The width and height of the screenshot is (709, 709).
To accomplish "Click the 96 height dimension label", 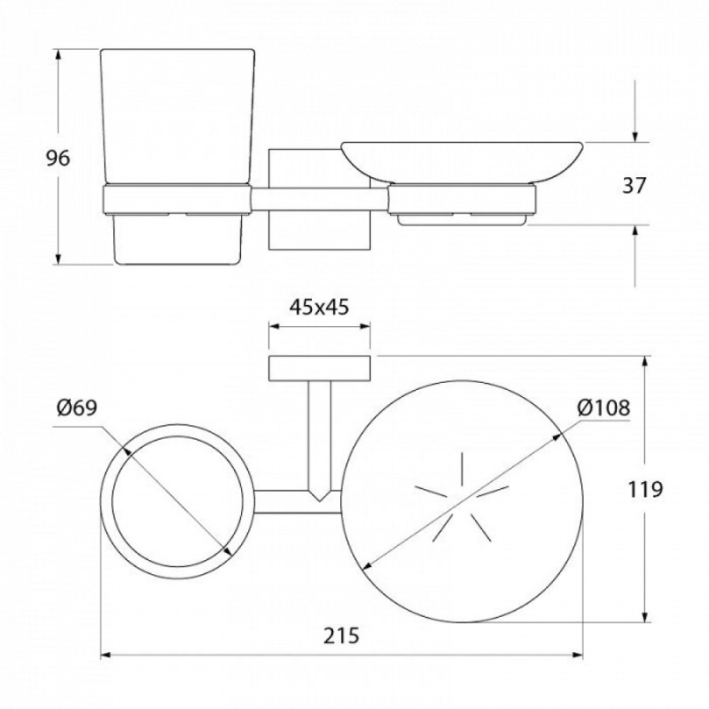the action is pyautogui.click(x=58, y=158).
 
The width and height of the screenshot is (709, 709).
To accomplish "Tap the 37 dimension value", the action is pyautogui.click(x=634, y=185).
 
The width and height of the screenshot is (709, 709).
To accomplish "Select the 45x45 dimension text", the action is pyautogui.click(x=319, y=307).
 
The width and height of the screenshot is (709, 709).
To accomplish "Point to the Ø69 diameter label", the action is pyautogui.click(x=77, y=408).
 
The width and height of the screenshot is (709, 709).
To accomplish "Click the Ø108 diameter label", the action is pyautogui.click(x=603, y=408).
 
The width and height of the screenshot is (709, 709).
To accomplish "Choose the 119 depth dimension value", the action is pyautogui.click(x=645, y=488).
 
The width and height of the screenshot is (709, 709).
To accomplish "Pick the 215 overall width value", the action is pyautogui.click(x=341, y=635).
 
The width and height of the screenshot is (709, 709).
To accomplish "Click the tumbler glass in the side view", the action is pyautogui.click(x=176, y=117).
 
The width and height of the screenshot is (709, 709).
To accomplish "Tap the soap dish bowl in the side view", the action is pyautogui.click(x=462, y=163).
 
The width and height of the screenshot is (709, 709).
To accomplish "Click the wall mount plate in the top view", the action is pyautogui.click(x=320, y=368).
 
